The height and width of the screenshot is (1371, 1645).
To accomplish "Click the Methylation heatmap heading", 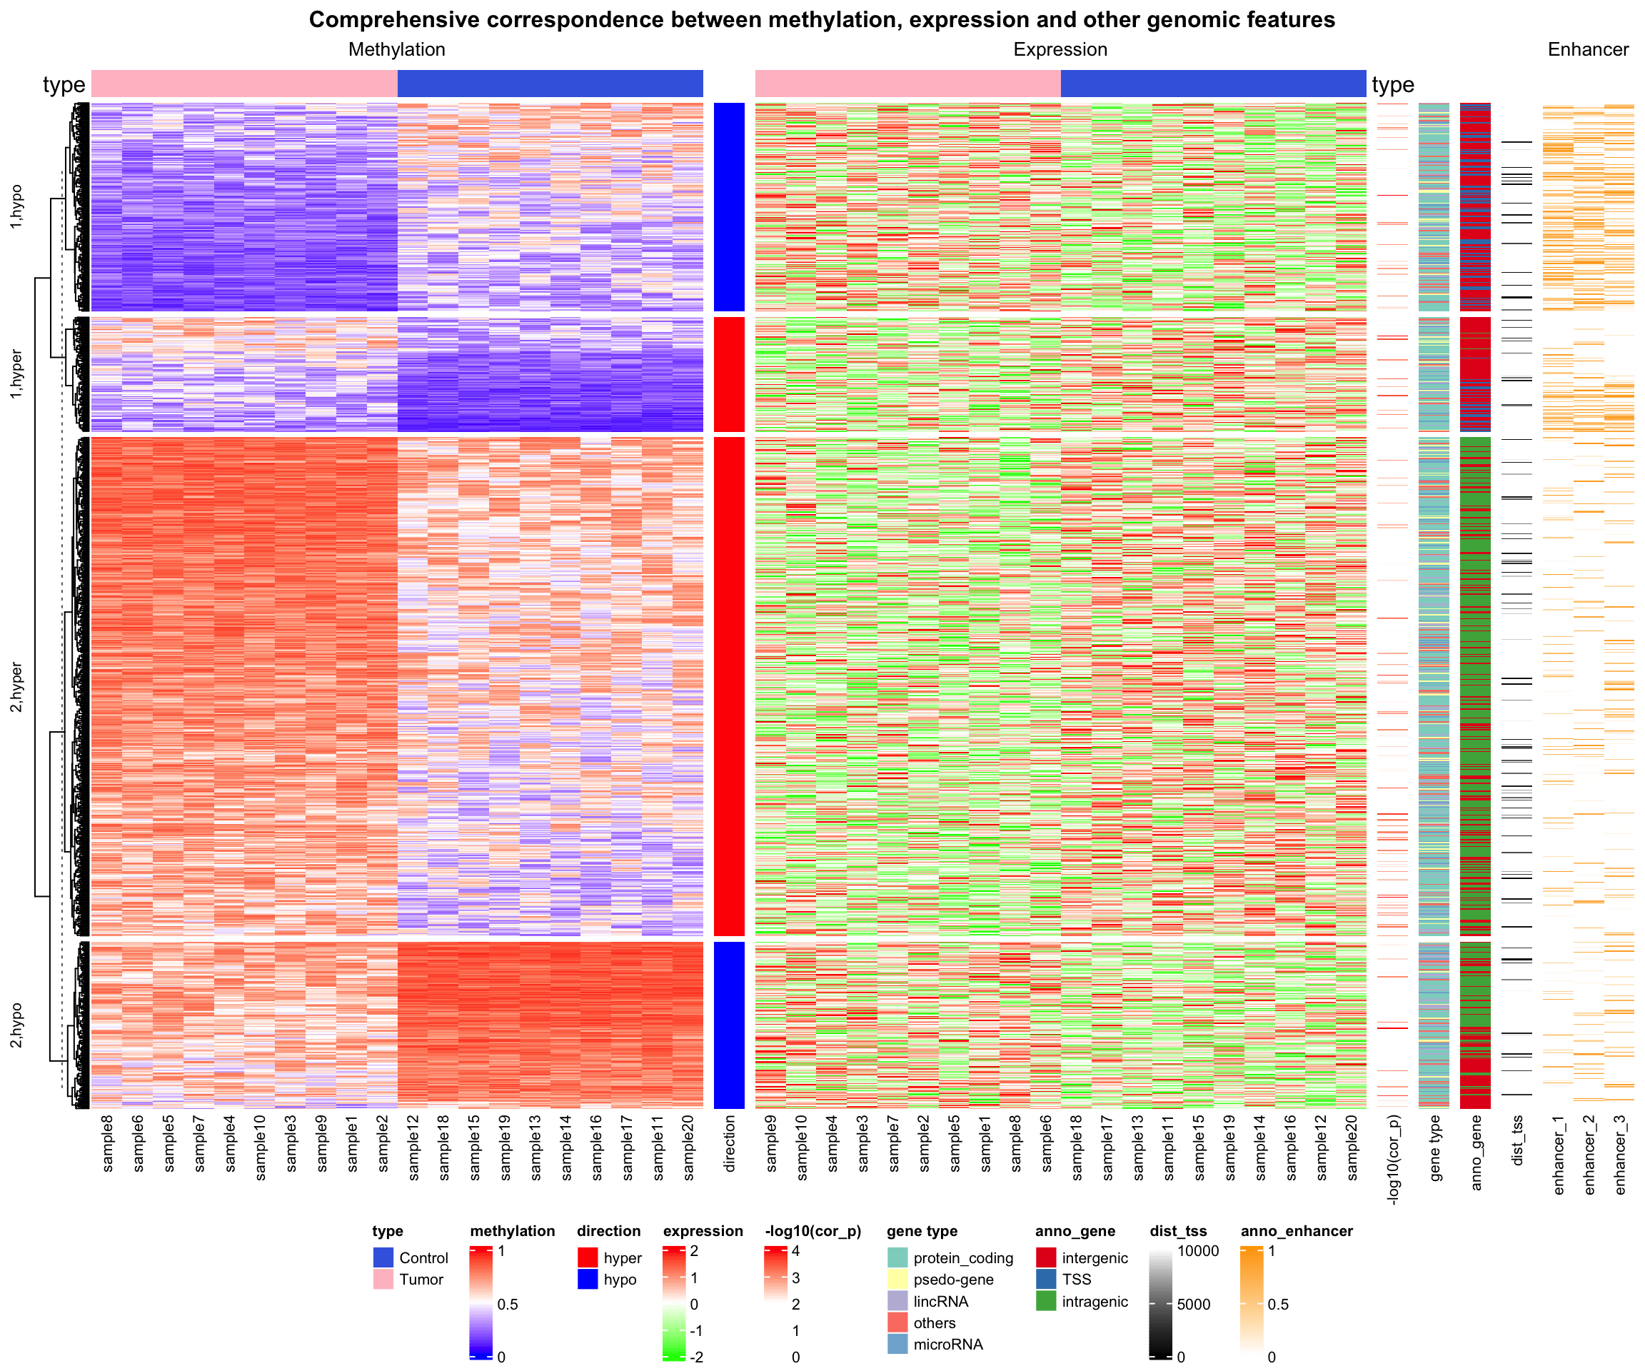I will [x=396, y=49].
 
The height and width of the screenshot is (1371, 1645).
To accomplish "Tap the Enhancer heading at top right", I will [x=1588, y=49].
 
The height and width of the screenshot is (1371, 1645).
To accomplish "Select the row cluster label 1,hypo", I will [x=16, y=207].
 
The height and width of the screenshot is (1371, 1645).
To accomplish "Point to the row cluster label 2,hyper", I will [x=16, y=687].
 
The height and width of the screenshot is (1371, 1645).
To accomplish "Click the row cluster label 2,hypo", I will [x=16, y=1025].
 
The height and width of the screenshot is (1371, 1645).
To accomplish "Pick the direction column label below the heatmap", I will [x=729, y=1144].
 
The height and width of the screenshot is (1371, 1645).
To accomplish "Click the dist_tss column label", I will [x=1517, y=1140].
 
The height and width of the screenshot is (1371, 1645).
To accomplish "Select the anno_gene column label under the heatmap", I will [x=1476, y=1152].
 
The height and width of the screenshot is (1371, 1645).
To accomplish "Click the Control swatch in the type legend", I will [x=383, y=1258].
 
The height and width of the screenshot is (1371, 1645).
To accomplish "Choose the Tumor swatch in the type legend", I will [x=383, y=1280].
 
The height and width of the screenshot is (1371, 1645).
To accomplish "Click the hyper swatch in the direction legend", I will [x=588, y=1258].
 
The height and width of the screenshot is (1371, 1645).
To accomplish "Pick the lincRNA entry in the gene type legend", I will [x=940, y=1301].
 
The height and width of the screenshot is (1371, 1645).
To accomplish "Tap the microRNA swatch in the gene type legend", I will [x=897, y=1345].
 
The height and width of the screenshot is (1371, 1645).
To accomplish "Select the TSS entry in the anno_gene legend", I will [x=1076, y=1280].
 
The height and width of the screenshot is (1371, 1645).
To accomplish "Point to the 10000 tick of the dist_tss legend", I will [x=1198, y=1251].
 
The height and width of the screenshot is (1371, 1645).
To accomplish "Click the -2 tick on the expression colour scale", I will [x=696, y=1357].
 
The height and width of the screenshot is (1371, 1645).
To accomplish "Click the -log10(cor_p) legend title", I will [x=813, y=1231].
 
